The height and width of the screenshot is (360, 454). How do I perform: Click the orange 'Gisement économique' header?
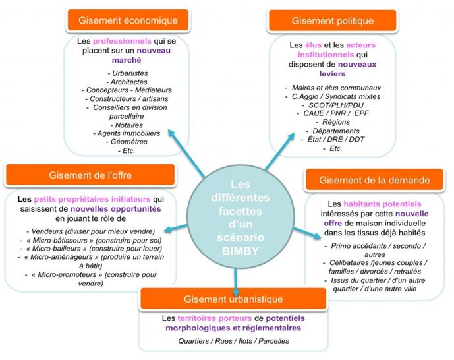point(123,20)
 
